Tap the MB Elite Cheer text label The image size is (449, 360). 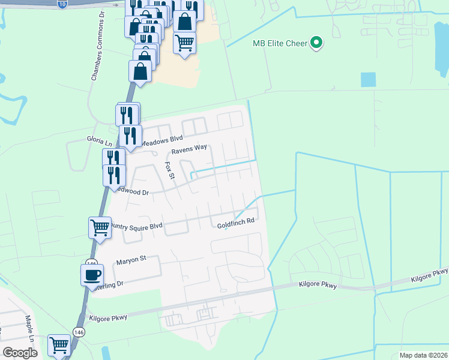pos(279,43)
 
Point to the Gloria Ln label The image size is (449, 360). pos(100,139)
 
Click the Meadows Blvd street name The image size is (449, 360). pos(160,139)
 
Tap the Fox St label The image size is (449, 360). pos(169,170)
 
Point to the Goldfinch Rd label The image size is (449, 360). pos(236,221)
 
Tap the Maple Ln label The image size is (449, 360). pos(28,326)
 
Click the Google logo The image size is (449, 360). pos(20,353)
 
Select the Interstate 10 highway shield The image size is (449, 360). pos(63,4)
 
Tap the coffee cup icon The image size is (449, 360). pos(92,274)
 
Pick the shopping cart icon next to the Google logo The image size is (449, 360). pos(59,345)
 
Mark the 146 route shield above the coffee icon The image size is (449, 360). pos(91,263)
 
